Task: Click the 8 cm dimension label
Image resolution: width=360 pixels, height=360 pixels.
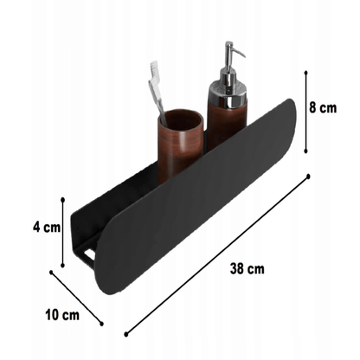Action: tap(323, 108)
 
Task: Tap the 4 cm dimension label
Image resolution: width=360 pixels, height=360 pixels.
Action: tap(47, 228)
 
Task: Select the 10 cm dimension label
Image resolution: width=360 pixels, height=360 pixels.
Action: tap(62, 314)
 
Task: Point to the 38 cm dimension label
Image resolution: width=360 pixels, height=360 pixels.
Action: tap(247, 269)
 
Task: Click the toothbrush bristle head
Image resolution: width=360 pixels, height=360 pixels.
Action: tap(154, 69)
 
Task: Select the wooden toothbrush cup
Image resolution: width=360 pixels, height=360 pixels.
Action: tap(181, 146)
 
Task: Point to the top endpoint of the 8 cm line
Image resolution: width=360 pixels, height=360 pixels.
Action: tap(305, 73)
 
